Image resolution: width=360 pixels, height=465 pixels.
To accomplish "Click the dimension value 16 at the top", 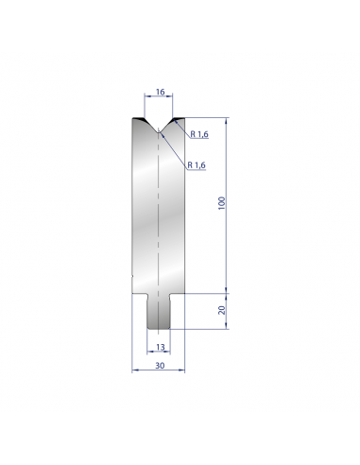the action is coord(160,92).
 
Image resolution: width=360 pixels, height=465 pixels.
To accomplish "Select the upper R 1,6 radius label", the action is coord(199,134).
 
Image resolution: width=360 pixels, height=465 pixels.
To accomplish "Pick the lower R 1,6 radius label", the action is coord(197,164).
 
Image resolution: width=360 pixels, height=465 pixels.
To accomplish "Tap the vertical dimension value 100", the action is coord(222,203).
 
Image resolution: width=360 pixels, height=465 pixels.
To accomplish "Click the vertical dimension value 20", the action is coord(222,310).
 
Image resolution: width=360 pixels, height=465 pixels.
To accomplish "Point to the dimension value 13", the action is coord(160,347).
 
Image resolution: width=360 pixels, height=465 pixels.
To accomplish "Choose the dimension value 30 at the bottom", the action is coord(160,366).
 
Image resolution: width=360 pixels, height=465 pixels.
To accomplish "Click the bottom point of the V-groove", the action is coord(159,131).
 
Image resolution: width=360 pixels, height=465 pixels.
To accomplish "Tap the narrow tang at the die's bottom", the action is coord(159,312).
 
